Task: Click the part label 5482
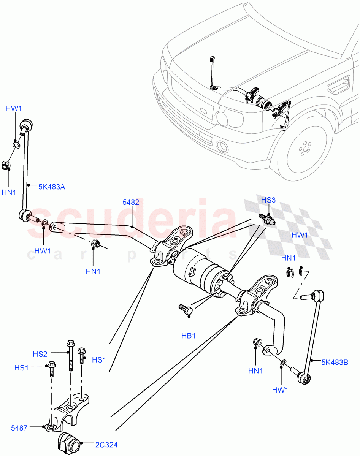[130, 203]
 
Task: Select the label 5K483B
[335, 362]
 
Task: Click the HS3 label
[269, 200]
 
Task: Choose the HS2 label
[40, 354]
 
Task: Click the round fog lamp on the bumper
[221, 147]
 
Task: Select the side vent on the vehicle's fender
[338, 85]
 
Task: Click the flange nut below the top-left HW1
[6, 166]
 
